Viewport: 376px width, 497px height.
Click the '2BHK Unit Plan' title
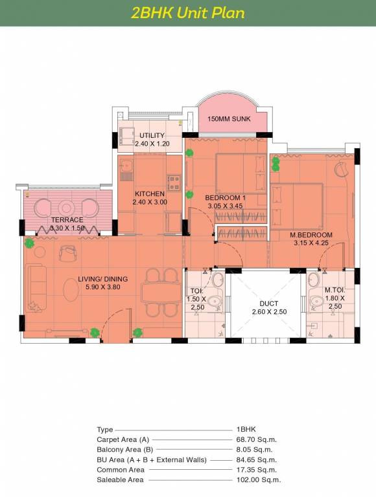pos(188,13)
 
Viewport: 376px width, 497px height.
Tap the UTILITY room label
pos(152,135)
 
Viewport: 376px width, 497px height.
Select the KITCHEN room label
pos(150,193)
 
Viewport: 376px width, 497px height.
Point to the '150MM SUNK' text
pos(229,119)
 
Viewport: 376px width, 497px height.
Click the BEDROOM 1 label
pos(225,198)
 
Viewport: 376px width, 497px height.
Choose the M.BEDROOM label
pos(311,235)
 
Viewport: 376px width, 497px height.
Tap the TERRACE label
pos(67,219)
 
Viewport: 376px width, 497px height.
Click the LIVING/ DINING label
pos(103,279)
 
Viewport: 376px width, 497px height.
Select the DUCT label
pos(269,304)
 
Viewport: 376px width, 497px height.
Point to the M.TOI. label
pos(335,290)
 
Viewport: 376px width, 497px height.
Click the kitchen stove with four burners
pos(174,183)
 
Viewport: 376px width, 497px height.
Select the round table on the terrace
pos(66,208)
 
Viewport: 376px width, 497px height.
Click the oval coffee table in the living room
pos(71,289)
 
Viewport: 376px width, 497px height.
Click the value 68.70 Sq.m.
pos(257,439)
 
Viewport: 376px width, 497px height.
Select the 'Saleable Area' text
pos(120,480)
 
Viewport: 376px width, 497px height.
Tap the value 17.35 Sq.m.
pos(257,470)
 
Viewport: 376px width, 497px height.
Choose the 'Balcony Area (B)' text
pos(125,450)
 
